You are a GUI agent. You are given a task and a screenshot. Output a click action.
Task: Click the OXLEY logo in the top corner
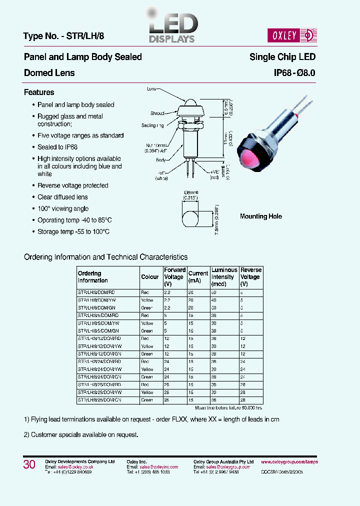click(297, 35)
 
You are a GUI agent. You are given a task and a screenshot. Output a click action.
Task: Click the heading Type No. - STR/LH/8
click(63, 36)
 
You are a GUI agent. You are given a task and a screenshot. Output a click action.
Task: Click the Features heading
click(39, 92)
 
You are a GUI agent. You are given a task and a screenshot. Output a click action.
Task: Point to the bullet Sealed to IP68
click(57, 147)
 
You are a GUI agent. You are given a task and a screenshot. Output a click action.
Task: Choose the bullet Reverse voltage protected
click(73, 185)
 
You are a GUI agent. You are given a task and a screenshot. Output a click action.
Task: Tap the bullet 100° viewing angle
click(63, 208)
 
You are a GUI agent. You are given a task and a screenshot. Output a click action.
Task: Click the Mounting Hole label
click(260, 216)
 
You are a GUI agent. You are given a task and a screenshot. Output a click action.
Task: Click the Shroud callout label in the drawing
click(157, 113)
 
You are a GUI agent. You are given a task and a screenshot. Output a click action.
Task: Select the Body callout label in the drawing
click(160, 160)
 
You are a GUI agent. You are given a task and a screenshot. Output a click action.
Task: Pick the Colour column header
click(150, 277)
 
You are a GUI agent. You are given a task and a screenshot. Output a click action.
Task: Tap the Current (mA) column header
click(198, 277)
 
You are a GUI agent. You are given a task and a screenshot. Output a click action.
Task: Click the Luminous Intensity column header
click(224, 277)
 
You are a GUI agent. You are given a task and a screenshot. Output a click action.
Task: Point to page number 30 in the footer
click(29, 465)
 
